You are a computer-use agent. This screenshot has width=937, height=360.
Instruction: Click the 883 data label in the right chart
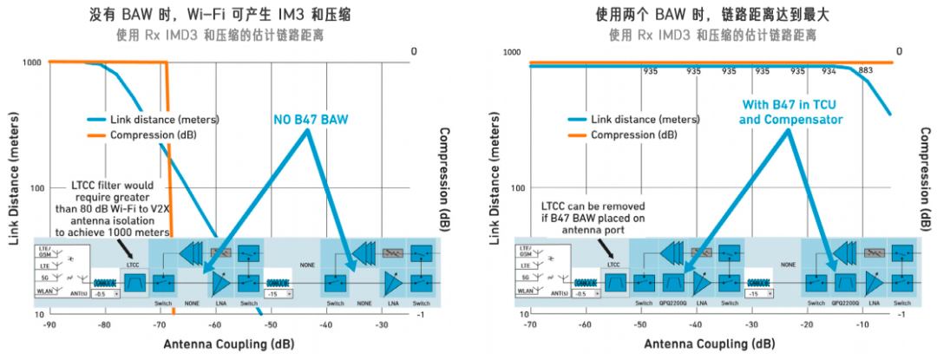864,71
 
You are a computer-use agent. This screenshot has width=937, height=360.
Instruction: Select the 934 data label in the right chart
829,71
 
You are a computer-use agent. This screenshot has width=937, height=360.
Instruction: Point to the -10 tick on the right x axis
863,326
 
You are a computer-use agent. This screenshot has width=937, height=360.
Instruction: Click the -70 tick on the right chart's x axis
529,326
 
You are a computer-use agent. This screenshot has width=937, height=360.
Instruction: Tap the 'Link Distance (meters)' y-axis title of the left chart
14,188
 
